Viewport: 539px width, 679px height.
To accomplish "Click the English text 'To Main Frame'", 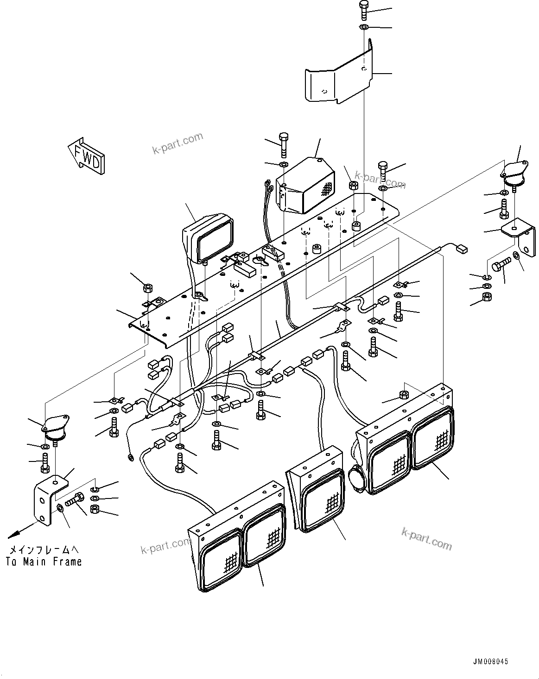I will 44,562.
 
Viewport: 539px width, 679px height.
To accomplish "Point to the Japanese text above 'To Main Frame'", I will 44,550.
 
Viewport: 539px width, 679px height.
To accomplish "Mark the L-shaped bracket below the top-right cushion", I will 517,238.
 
